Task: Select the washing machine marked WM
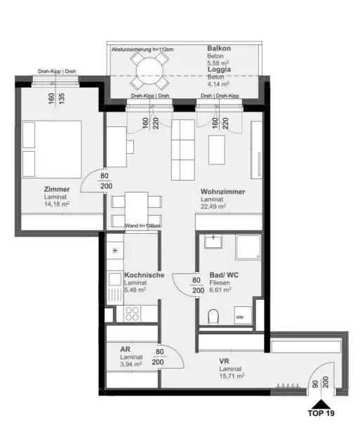coord(240,318)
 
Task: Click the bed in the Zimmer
coord(52,150)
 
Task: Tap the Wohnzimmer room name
coord(222,191)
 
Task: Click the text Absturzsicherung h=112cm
coord(143,50)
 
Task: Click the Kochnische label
coord(144,275)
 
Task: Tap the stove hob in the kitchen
coord(134,314)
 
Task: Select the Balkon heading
coord(218,48)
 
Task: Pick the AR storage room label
coord(125,348)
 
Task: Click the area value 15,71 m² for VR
coord(232,377)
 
